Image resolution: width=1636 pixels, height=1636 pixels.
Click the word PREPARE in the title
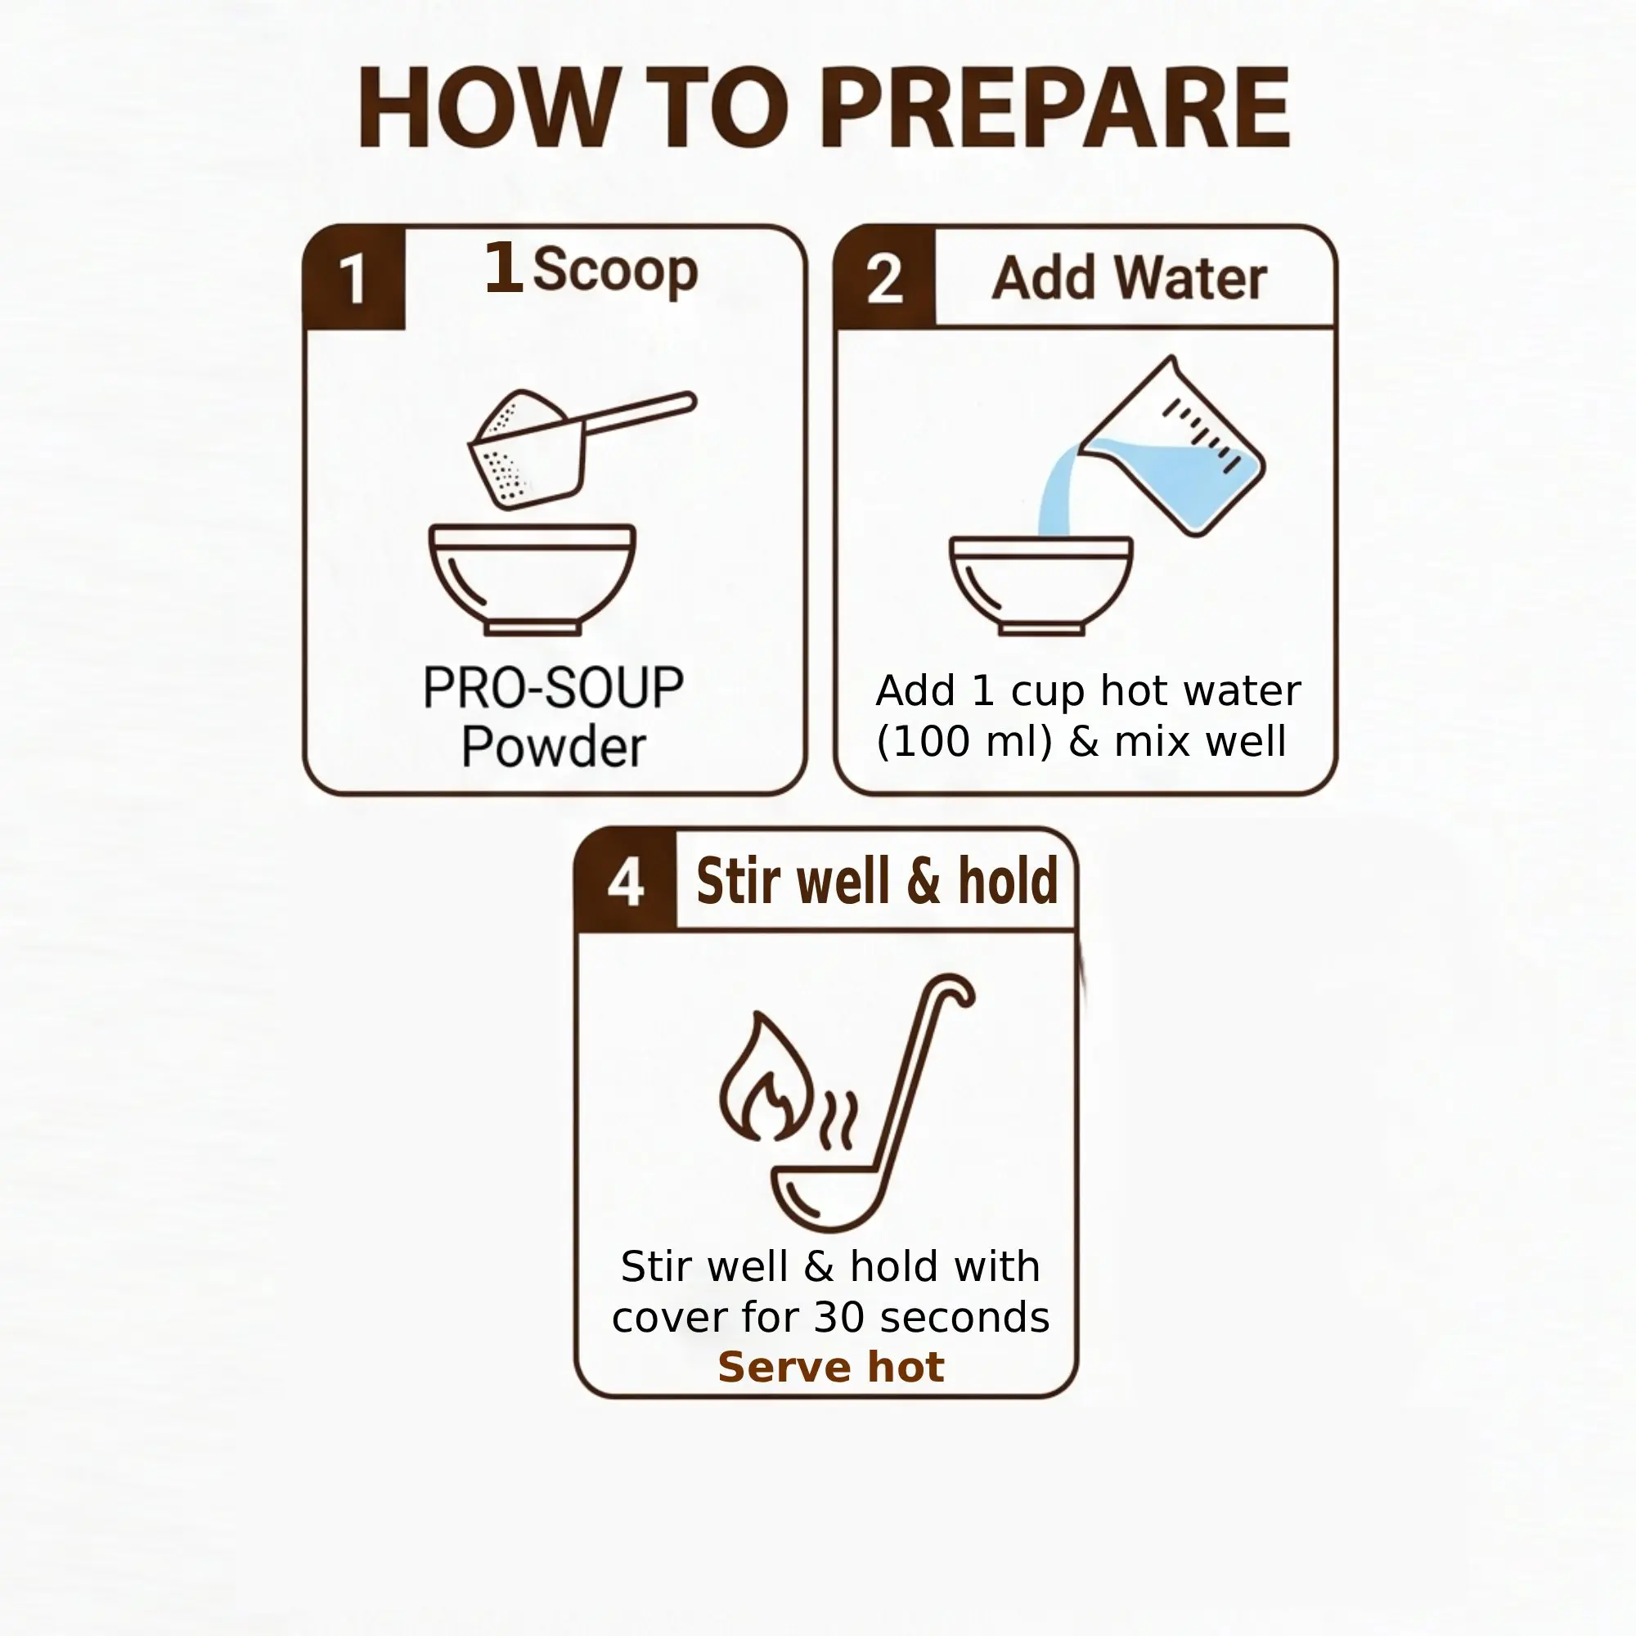pos(1054,109)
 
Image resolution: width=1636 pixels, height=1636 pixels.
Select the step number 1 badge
pos(354,278)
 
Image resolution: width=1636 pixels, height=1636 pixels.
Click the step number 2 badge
pos(885,278)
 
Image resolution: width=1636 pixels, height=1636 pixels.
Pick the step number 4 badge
pos(626,882)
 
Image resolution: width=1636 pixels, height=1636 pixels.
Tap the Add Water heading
pos(1130,278)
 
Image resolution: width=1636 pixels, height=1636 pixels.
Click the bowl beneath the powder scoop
pos(533,579)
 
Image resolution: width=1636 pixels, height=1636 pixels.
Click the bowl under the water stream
pos(1040,585)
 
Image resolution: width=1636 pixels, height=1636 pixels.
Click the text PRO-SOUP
pos(553,689)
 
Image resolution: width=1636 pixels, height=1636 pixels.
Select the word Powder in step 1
pos(554,747)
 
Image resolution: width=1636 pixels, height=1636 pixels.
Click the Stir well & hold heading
pos(877,882)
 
